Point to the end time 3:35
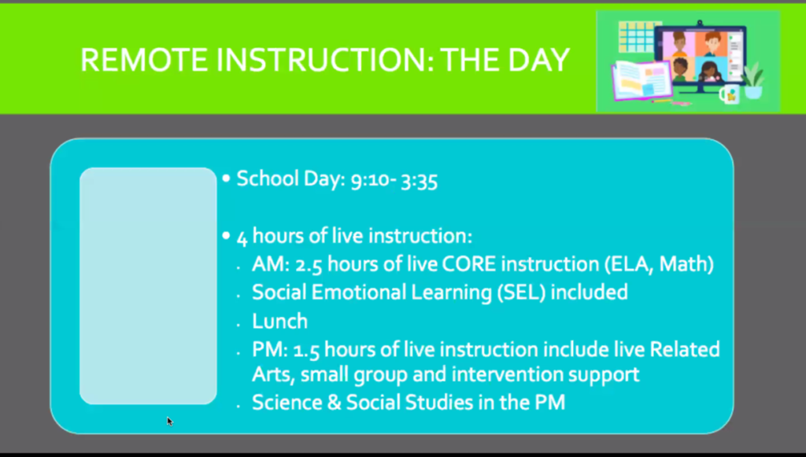tap(419, 180)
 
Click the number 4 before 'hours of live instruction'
tap(242, 238)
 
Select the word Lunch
tap(279, 322)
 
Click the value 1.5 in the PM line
tap(306, 350)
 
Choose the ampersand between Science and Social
tap(334, 402)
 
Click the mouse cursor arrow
tap(170, 422)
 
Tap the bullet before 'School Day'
tap(226, 179)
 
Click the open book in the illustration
tap(641, 80)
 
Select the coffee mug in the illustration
tap(730, 94)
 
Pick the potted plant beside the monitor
tap(752, 80)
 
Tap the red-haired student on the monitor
tap(712, 45)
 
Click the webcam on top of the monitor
tap(700, 24)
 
